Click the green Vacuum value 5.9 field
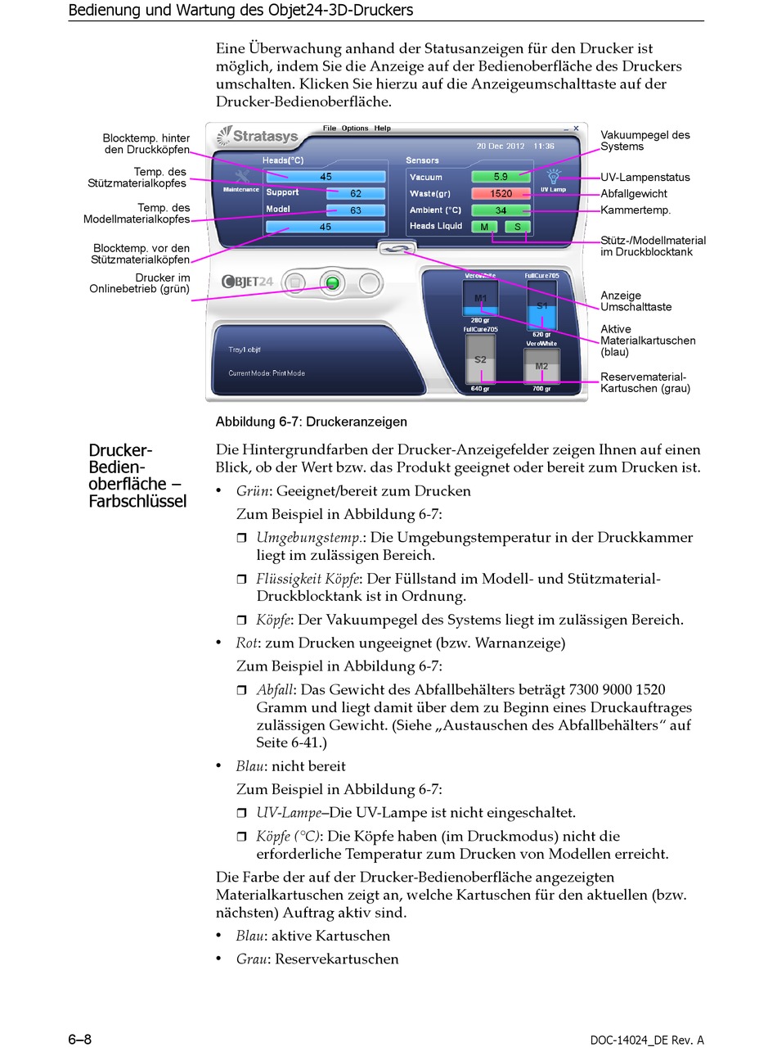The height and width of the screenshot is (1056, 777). (x=501, y=177)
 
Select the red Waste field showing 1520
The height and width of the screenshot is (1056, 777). (x=501, y=194)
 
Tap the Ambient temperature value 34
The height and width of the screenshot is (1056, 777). (x=501, y=210)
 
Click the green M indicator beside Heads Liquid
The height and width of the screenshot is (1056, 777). (x=484, y=227)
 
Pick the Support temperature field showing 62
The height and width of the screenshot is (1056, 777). (x=355, y=194)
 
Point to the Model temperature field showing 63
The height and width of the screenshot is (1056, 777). (x=355, y=210)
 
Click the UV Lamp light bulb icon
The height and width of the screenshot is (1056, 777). (x=554, y=176)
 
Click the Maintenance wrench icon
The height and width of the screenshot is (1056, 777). (x=241, y=177)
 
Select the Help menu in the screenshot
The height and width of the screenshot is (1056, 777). (x=382, y=129)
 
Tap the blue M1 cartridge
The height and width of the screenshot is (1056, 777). (x=480, y=300)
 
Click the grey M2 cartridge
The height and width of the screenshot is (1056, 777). (x=541, y=368)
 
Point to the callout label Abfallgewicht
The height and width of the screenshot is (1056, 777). (x=634, y=194)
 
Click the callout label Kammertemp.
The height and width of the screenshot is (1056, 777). (x=636, y=210)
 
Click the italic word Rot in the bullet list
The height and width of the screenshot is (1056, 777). (x=246, y=643)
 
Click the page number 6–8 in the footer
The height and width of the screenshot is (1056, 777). (x=79, y=1040)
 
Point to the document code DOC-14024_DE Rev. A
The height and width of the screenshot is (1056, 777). (x=646, y=1040)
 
